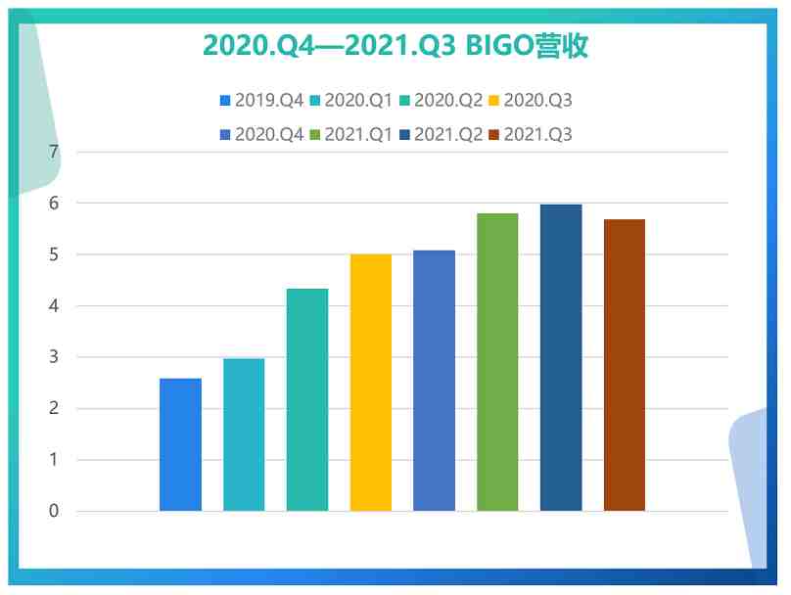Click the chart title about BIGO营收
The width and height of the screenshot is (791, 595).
(395, 46)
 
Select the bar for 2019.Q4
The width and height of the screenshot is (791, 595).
(180, 444)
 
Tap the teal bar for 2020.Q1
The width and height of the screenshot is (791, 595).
(244, 435)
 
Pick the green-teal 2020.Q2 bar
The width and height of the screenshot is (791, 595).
(307, 399)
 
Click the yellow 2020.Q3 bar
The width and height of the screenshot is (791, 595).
(371, 383)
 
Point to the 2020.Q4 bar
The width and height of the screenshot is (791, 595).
(434, 381)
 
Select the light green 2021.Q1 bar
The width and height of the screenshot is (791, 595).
(497, 362)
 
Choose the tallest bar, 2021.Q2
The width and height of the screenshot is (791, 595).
(561, 357)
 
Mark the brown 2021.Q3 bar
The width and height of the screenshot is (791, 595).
(625, 365)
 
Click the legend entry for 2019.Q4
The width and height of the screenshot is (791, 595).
(261, 101)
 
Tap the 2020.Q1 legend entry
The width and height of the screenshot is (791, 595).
(351, 101)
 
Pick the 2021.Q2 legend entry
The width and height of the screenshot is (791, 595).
(441, 135)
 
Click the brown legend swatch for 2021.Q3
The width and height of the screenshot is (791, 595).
(493, 135)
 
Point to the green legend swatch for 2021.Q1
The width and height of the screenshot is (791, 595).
(315, 135)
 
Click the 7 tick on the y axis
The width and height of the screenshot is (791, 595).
(54, 152)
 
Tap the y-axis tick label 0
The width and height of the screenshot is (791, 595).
(54, 511)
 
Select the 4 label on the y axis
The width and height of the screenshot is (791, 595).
(54, 305)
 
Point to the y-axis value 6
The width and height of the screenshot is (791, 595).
(54, 204)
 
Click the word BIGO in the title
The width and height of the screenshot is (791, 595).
(499, 46)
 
